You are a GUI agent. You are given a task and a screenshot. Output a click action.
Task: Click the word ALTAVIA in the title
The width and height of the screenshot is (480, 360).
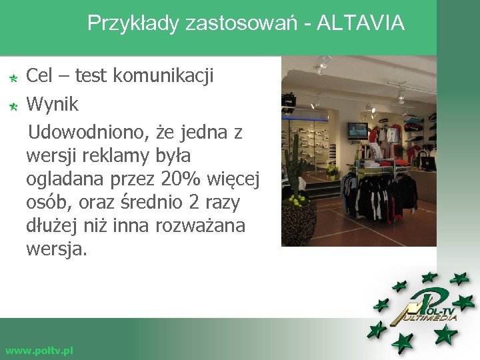[x=361, y=24]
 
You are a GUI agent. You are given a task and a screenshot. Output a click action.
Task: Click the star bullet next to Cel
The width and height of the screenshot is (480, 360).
[x=13, y=79]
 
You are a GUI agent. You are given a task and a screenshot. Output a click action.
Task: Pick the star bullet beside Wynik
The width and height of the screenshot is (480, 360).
[x=13, y=106]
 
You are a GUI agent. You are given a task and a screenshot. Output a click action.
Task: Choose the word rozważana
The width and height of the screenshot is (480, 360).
[x=200, y=225]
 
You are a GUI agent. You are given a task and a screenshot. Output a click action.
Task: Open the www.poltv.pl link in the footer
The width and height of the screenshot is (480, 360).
[x=39, y=350]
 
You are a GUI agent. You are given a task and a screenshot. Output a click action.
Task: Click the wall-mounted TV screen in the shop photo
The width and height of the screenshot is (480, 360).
[x=357, y=130]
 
